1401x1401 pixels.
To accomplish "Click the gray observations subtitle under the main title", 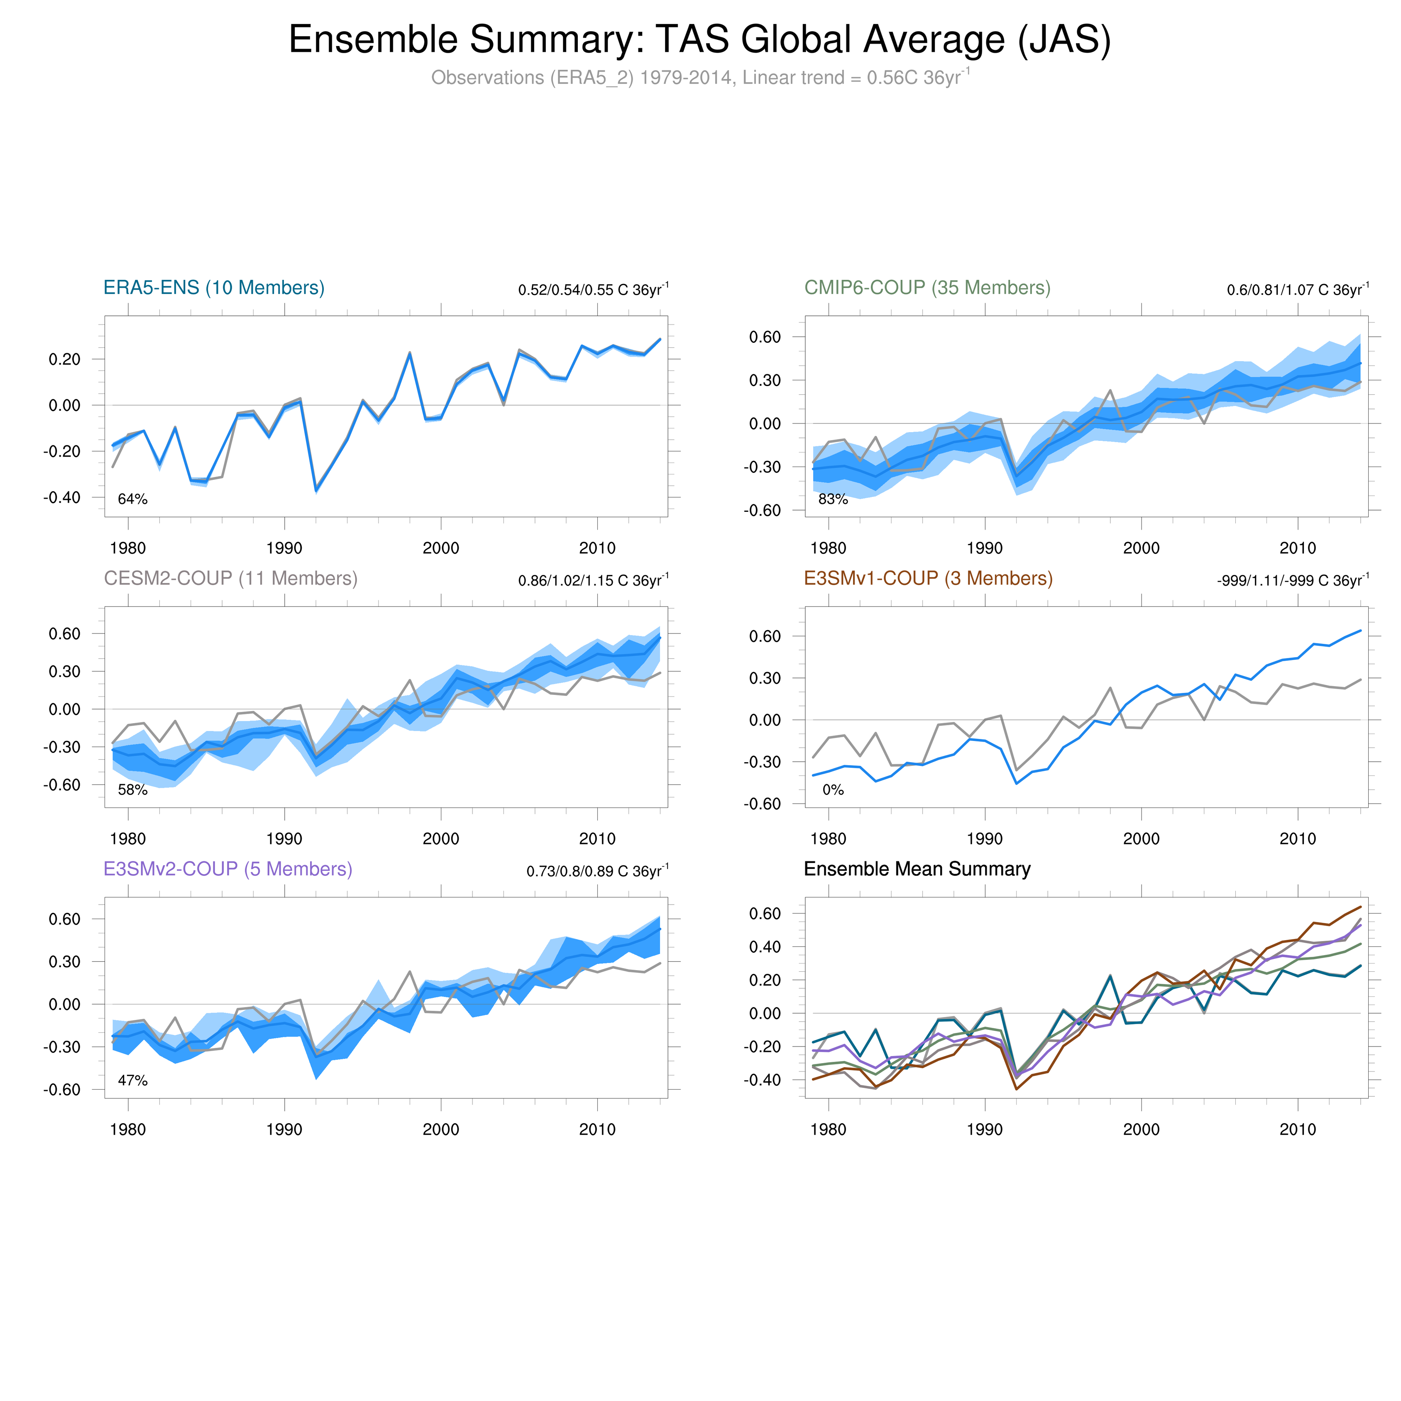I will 700,78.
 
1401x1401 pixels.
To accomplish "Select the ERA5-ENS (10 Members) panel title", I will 214,288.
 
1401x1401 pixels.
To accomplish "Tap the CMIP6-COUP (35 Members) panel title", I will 927,288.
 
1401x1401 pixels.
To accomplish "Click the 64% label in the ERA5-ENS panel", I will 133,499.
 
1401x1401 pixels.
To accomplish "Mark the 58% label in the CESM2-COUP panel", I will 133,790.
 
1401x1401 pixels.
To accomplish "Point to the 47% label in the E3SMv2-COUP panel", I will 133,1081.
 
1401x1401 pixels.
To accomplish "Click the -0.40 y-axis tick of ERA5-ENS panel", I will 61,497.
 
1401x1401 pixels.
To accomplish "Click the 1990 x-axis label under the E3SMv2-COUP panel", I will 284,1129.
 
